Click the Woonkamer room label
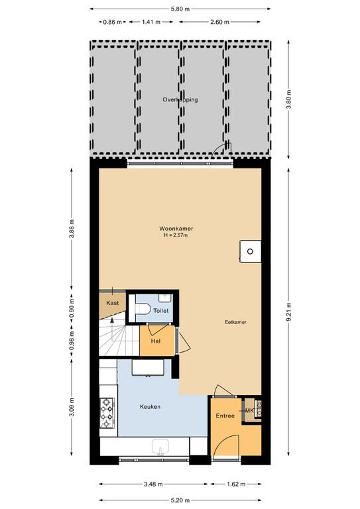coord(176,229)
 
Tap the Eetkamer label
coord(235,322)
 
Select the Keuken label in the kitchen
coord(150,406)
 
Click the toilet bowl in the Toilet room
coord(142,308)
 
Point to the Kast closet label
coord(112,303)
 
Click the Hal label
coord(156,341)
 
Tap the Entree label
coord(225,416)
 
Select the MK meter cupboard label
coord(249,411)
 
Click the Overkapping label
coord(180,99)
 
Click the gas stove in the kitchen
coord(107,413)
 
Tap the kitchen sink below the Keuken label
coord(160,446)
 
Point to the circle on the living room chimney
coord(250,251)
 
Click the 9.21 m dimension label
coord(289,311)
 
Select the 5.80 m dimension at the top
coord(180,9)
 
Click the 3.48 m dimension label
coord(153,484)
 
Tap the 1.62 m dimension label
coord(236,484)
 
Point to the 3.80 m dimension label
coord(289,99)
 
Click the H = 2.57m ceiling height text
coord(176,235)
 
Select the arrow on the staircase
coord(112,329)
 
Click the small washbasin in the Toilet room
coord(166,298)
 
